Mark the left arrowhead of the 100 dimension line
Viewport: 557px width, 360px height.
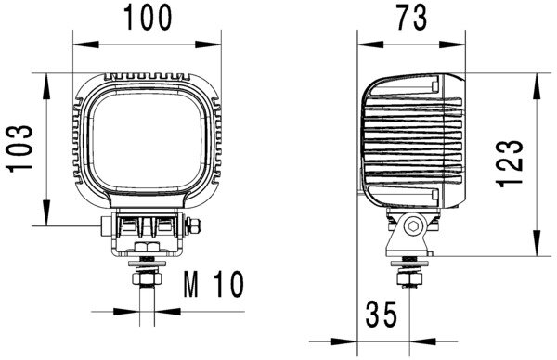[x=79, y=42]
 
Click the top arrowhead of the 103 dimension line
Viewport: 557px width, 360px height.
[x=45, y=78]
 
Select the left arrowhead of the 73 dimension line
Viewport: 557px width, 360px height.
[x=364, y=42]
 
